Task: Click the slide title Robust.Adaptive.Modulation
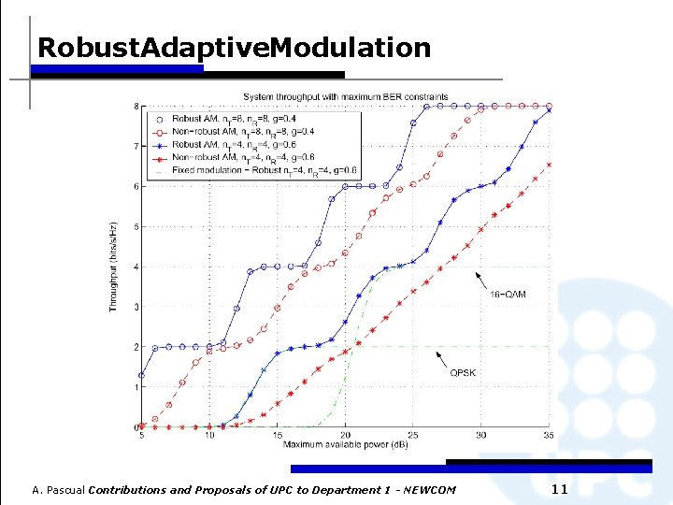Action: [x=234, y=48]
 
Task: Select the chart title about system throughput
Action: [x=345, y=96]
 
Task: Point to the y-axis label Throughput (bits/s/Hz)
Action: [x=113, y=267]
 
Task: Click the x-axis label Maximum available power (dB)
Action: [x=345, y=443]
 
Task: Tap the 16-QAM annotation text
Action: [x=508, y=295]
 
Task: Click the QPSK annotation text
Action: [x=464, y=372]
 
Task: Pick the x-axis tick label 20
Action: [x=345, y=435]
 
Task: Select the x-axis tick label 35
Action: [x=549, y=435]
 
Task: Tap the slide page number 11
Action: [x=560, y=489]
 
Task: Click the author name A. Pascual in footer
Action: [x=58, y=490]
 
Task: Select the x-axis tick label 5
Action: [x=141, y=435]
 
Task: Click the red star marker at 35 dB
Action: [x=549, y=165]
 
